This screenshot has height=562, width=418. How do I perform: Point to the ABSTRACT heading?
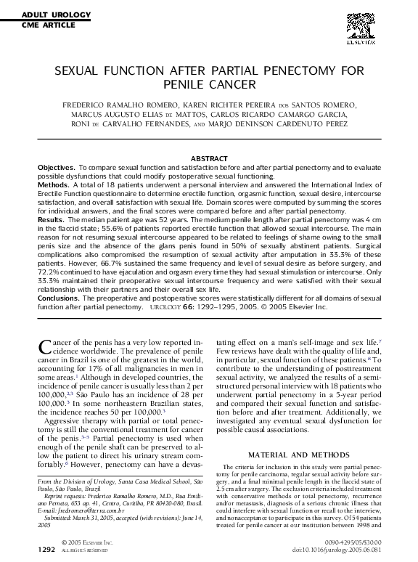coord(208,158)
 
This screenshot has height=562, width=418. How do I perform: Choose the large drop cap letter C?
coord(44,345)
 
